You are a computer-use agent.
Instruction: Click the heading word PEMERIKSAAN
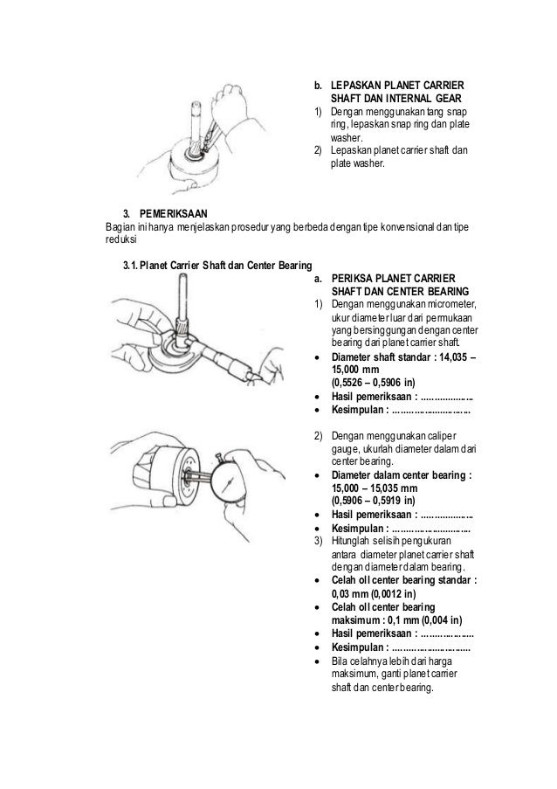click(x=173, y=213)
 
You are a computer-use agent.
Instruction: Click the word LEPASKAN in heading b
click(x=356, y=85)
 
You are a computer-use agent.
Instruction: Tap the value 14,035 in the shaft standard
click(x=452, y=357)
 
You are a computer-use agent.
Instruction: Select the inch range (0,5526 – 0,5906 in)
click(x=374, y=383)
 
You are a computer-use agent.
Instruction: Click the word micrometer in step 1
click(x=450, y=304)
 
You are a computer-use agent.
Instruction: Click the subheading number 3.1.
click(x=130, y=265)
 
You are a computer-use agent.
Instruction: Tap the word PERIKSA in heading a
click(x=351, y=278)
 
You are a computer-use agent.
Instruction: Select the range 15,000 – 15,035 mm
click(x=375, y=488)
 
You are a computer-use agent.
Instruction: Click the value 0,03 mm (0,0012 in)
click(x=374, y=594)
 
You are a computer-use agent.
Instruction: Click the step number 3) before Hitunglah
click(x=318, y=541)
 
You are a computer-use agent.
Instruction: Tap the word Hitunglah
click(x=350, y=541)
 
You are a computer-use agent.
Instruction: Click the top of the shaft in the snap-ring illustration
click(x=196, y=102)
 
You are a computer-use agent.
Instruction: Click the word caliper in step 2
click(x=443, y=436)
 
